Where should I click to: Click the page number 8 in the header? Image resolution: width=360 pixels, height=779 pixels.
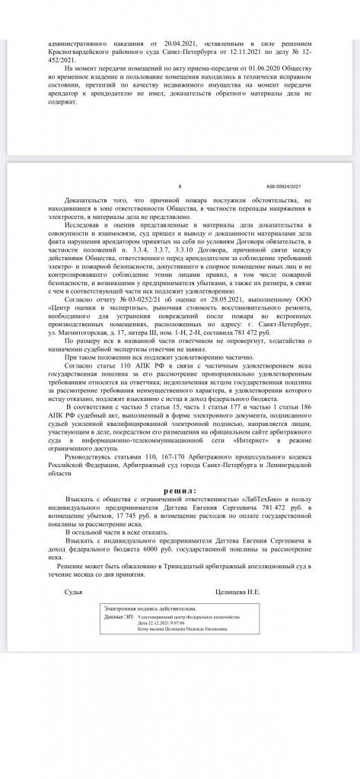179,185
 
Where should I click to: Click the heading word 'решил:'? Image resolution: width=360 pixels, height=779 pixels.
180,491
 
